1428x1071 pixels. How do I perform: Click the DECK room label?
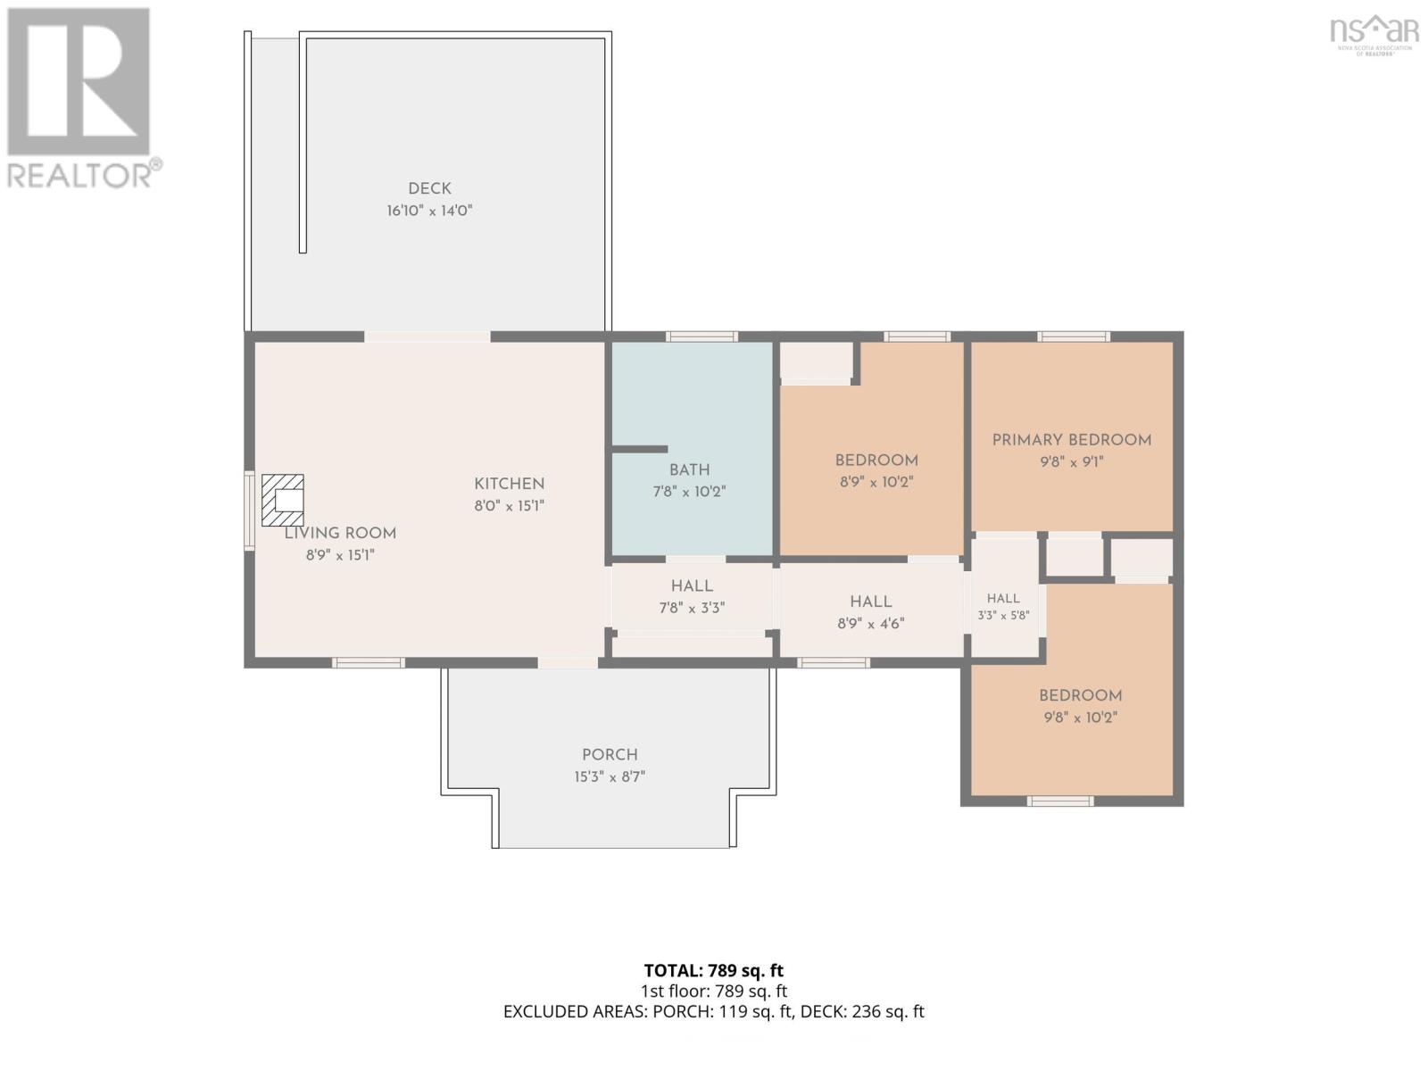429,188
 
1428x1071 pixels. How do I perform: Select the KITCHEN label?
509,484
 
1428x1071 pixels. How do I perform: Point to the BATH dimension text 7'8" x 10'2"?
689,492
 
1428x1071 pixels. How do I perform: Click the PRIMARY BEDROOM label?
1072,440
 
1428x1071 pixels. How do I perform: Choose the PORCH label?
610,755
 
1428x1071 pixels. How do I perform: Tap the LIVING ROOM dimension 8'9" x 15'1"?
340,555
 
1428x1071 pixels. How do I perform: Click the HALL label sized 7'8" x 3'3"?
692,585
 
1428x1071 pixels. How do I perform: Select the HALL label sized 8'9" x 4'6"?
870,602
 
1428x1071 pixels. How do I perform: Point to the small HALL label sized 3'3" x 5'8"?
1003,598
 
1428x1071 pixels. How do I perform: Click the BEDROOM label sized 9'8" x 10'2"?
1080,696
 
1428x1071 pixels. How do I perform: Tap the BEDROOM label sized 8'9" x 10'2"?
876,461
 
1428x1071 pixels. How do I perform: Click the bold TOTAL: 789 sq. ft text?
714,971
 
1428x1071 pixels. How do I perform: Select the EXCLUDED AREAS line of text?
714,1012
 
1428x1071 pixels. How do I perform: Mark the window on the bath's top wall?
702,336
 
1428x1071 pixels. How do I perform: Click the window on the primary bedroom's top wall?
1074,336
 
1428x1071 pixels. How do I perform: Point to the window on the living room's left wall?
249,511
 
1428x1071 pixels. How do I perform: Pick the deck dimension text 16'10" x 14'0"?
429,211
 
